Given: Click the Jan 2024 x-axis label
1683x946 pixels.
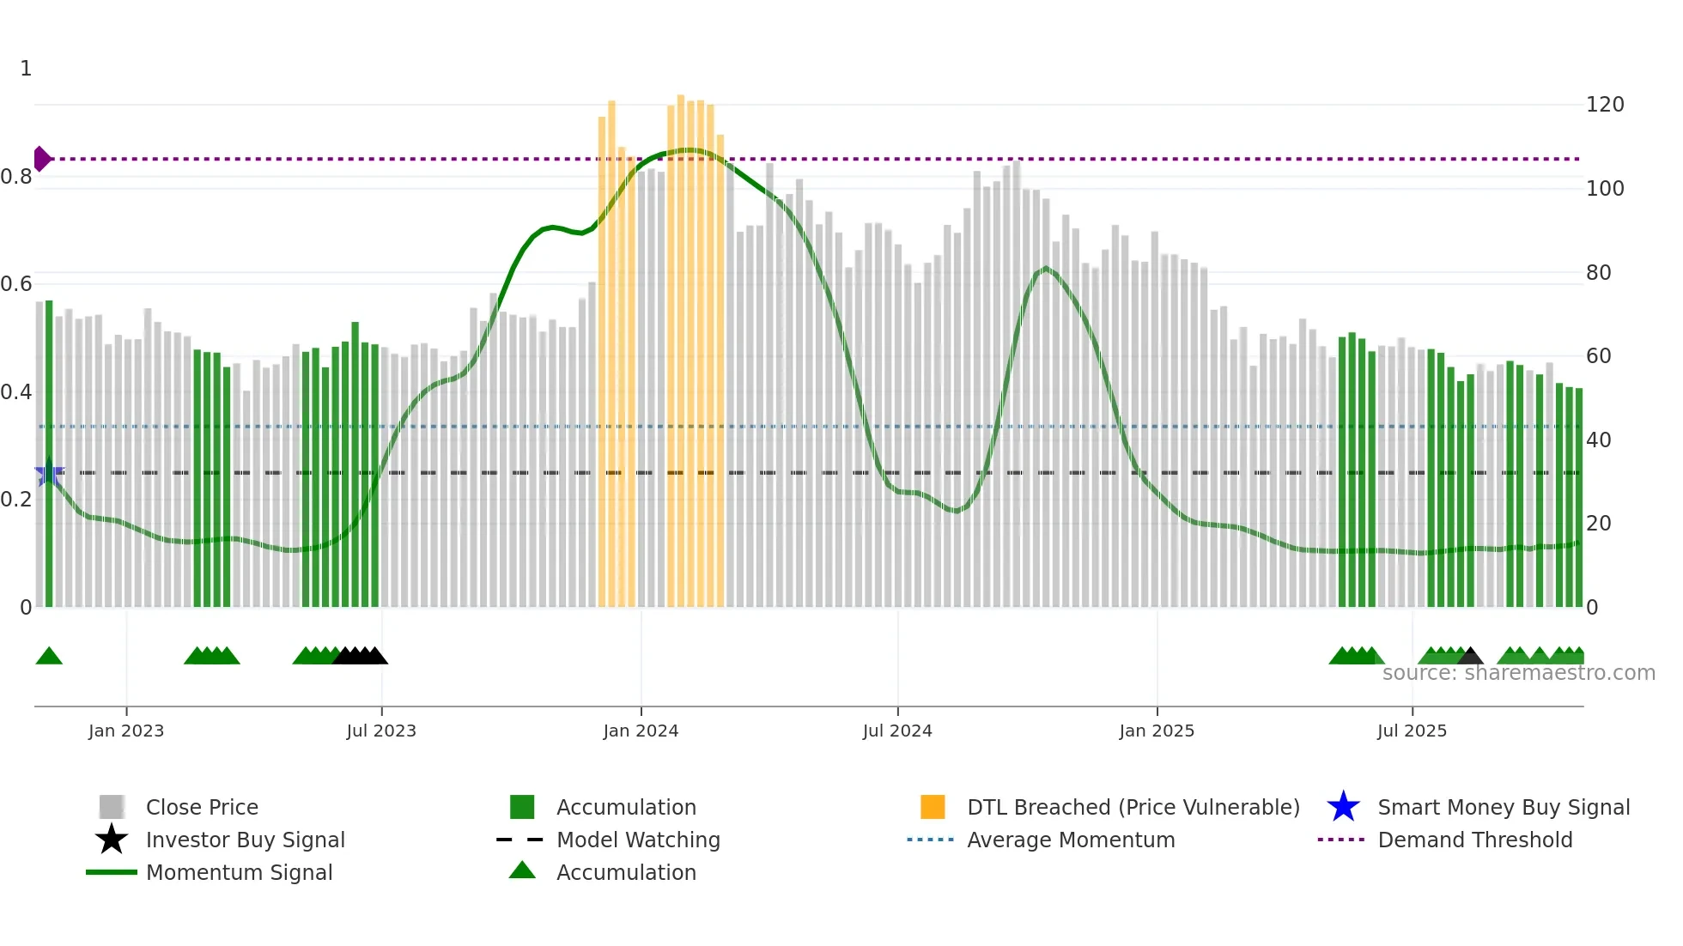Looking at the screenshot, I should (x=641, y=731).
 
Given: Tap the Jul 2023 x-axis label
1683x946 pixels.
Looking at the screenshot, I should (x=381, y=731).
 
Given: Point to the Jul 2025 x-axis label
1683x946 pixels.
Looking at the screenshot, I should (x=1412, y=731).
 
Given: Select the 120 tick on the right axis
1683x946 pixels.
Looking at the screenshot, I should (x=1604, y=105).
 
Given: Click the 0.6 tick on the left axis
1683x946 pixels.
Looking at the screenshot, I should (x=17, y=284).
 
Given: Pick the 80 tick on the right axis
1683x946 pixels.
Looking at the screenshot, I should (x=1598, y=273).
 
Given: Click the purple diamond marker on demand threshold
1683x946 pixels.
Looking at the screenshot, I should (x=41, y=159).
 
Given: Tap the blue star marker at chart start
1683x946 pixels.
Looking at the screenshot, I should (x=48, y=473).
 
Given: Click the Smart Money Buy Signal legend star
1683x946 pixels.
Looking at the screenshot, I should (x=1343, y=807).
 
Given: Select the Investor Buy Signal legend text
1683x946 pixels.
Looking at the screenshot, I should (x=246, y=840).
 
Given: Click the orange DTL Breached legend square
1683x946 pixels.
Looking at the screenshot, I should (x=932, y=807).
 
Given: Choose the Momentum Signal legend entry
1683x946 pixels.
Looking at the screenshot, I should (x=239, y=872).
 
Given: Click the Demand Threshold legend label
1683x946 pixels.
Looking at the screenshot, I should (x=1474, y=840).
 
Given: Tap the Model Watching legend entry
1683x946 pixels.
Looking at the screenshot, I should (x=638, y=840).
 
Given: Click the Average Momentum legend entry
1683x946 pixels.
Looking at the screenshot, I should (x=1071, y=840).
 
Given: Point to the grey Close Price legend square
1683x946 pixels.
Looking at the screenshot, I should (x=112, y=807).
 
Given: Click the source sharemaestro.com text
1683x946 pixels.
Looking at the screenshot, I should (x=1518, y=673).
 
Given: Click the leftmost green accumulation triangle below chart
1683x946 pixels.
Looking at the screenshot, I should (x=49, y=657).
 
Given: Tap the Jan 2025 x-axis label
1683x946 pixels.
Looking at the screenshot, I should (x=1156, y=731).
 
